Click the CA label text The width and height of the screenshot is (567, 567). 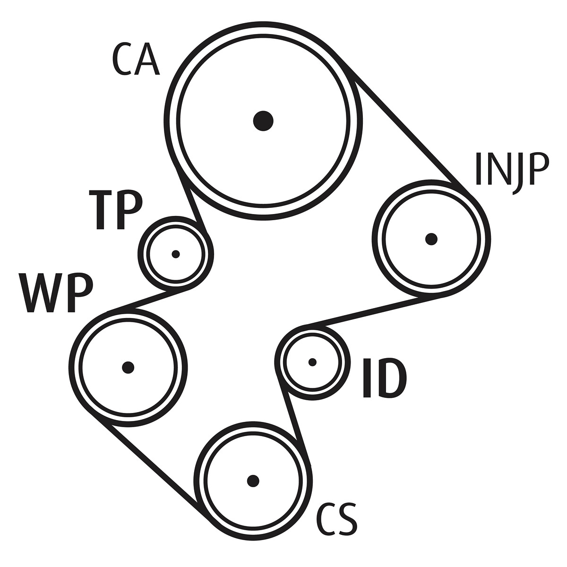[x=136, y=60]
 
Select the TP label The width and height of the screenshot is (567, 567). [x=116, y=210]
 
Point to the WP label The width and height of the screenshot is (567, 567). [x=56, y=293]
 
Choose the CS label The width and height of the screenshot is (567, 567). [x=337, y=520]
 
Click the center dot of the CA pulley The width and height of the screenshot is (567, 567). [x=263, y=120]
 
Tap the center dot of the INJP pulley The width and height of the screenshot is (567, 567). [x=431, y=239]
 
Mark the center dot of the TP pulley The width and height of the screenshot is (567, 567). [x=176, y=254]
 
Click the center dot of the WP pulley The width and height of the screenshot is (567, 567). [x=128, y=367]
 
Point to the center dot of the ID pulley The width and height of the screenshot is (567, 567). [x=312, y=362]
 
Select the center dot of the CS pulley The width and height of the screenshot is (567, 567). [x=253, y=481]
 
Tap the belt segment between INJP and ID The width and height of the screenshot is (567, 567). [x=364, y=311]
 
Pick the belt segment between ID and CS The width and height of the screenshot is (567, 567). [x=294, y=421]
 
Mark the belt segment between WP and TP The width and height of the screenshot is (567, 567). [x=146, y=300]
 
